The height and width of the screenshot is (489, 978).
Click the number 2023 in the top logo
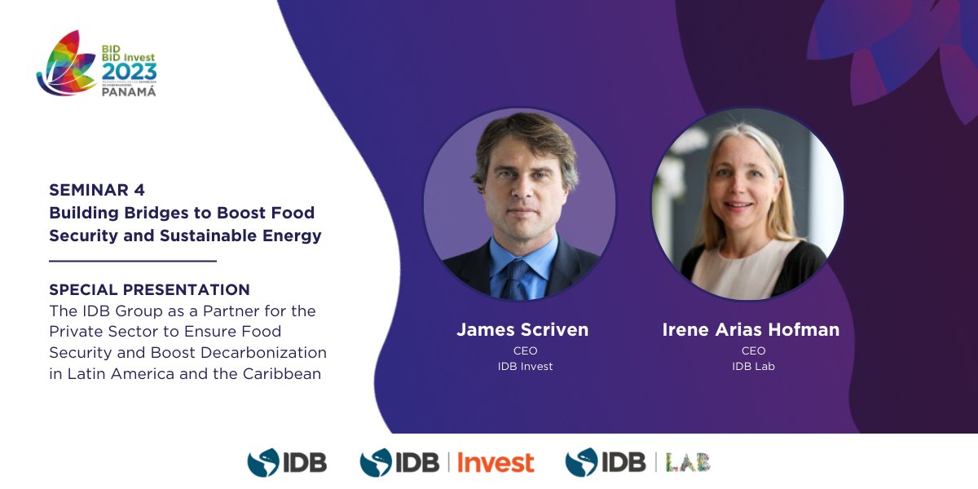point(130,73)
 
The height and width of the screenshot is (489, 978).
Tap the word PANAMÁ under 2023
point(129,91)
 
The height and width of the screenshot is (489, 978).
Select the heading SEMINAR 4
point(97,190)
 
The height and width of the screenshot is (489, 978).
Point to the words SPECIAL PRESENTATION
point(149,289)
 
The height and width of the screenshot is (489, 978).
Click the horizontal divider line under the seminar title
point(132,261)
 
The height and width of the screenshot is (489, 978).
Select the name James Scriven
point(522,330)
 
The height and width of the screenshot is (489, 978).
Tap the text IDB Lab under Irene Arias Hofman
point(752,367)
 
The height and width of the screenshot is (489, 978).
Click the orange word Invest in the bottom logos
point(496,462)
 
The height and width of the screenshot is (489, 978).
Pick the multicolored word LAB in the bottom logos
point(688,462)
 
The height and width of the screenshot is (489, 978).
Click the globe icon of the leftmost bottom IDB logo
point(262,462)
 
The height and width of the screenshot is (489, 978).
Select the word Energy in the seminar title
point(296,236)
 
